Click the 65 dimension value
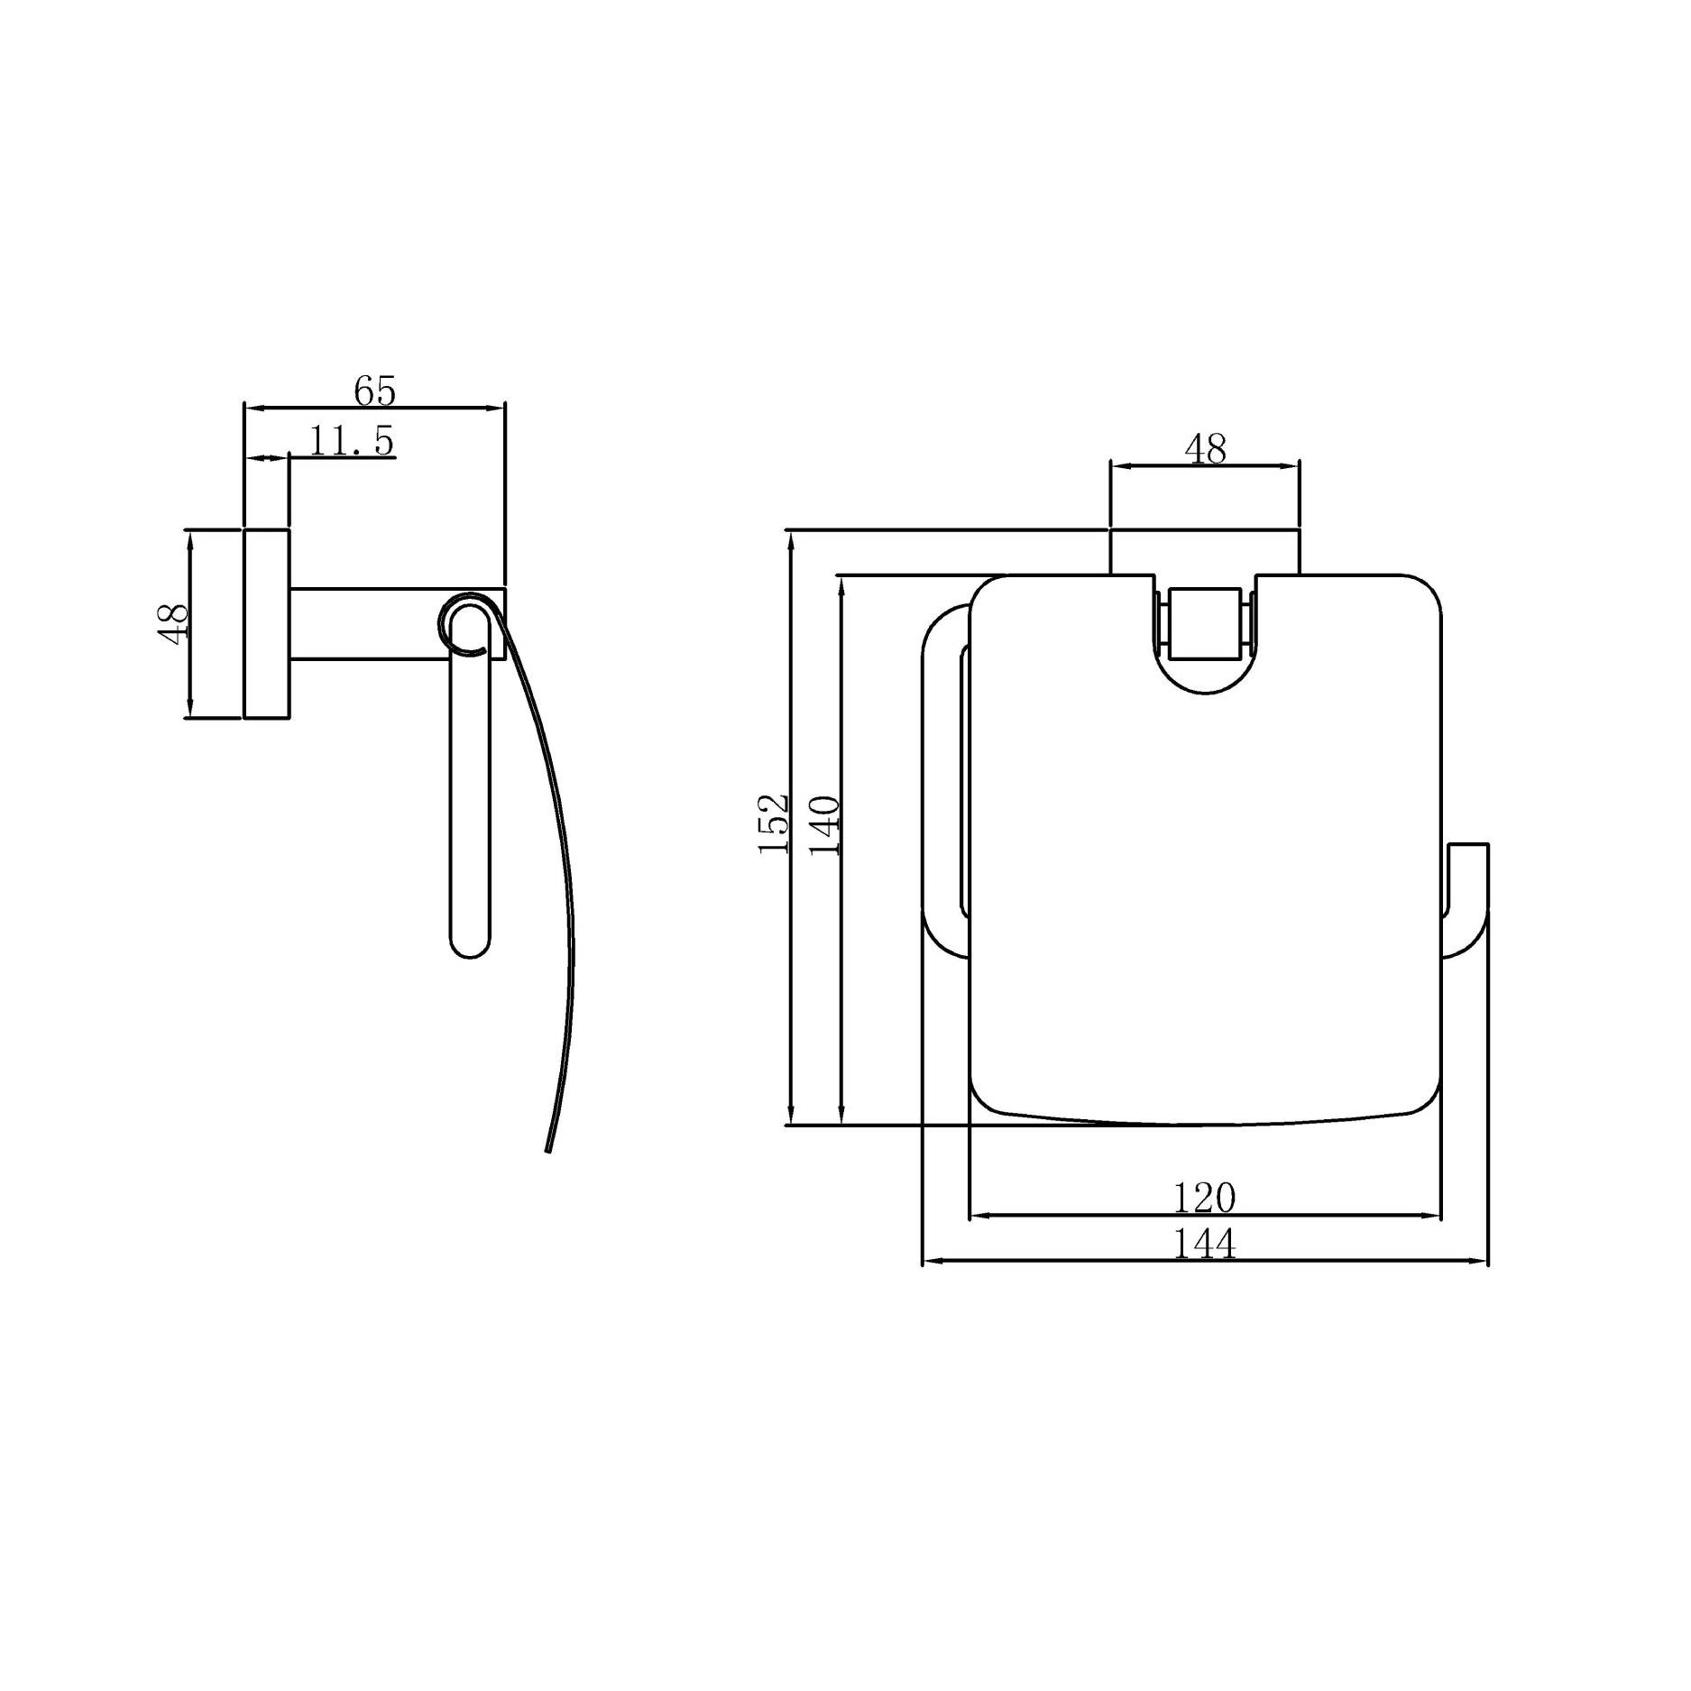[x=374, y=391]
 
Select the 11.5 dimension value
[x=351, y=441]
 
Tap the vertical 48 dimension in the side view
[x=173, y=623]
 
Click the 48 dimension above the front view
[x=1205, y=448]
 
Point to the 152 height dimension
[x=774, y=824]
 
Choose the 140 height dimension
[x=825, y=824]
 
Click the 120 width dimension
[x=1204, y=1198]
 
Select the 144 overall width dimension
[x=1204, y=1245]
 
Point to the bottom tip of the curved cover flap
[x=547, y=1151]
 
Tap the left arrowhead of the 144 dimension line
[x=929, y=1261]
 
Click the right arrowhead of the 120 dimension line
[x=1433, y=1216]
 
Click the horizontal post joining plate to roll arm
[x=370, y=624]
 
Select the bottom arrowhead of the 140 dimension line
[x=842, y=1116]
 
